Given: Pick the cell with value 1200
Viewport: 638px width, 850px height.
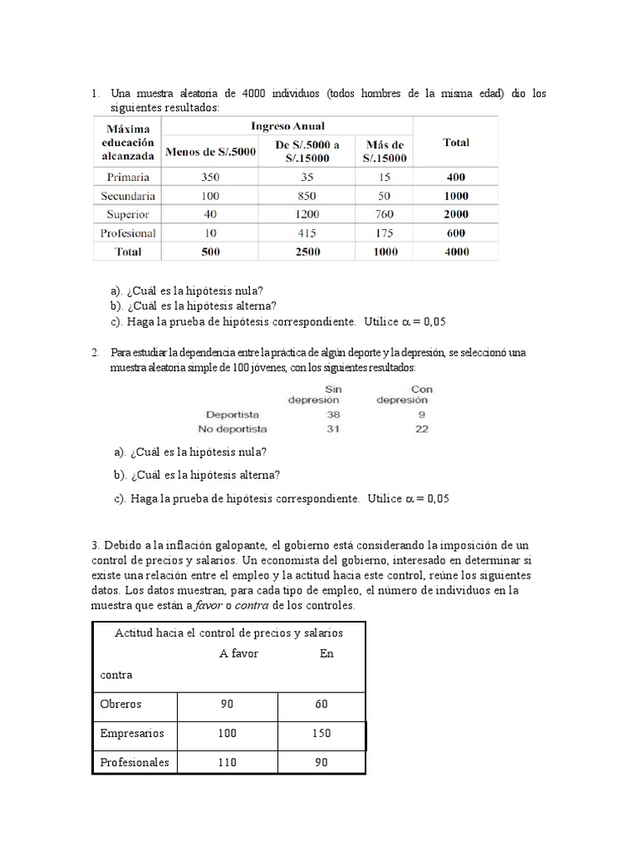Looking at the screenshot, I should (307, 214).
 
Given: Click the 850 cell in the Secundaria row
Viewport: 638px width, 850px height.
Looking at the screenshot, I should (307, 196).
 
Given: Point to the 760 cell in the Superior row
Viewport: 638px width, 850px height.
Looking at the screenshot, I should (385, 214).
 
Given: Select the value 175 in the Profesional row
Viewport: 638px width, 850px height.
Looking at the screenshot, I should (385, 233).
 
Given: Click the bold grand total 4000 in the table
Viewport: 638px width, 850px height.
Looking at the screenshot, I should (455, 252).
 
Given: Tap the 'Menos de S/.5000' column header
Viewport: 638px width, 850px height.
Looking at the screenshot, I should (210, 151).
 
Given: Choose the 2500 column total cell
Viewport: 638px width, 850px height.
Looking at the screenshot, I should (307, 252).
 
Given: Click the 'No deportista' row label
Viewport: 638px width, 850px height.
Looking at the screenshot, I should (232, 428).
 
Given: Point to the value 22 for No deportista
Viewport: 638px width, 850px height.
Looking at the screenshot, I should (422, 428).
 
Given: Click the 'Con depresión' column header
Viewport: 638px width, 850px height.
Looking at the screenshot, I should (404, 394).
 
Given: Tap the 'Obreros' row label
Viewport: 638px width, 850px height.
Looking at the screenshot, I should (121, 704).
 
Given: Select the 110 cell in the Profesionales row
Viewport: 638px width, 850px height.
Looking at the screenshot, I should (226, 762).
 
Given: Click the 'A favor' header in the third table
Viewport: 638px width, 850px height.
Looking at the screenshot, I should (238, 653).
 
